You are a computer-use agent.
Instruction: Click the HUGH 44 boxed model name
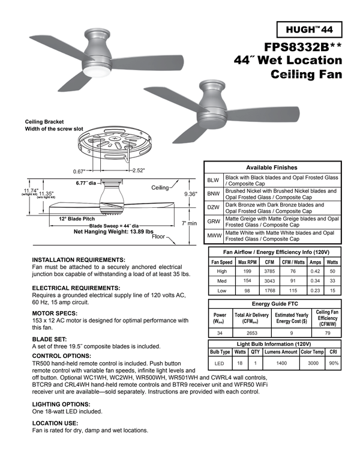pyautogui.click(x=310, y=29)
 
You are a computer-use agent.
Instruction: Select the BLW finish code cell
pyautogui.click(x=214, y=180)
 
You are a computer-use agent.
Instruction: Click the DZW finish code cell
pyautogui.click(x=214, y=208)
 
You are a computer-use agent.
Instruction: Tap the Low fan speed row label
pyautogui.click(x=221, y=290)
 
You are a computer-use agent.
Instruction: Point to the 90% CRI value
pyautogui.click(x=334, y=363)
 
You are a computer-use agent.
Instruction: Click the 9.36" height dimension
pyautogui.click(x=191, y=194)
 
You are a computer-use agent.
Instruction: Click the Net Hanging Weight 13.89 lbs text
pyautogui.click(x=113, y=231)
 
